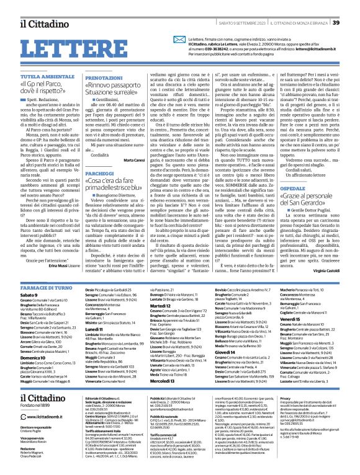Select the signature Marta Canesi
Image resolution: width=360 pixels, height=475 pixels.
133,143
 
